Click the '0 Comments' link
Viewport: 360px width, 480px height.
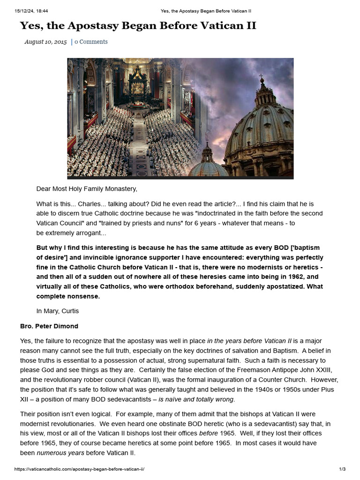tap(91, 42)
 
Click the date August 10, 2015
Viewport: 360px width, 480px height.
tap(45, 42)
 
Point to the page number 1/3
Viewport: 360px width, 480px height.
tap(342, 469)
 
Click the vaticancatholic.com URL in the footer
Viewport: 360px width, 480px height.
tap(82, 469)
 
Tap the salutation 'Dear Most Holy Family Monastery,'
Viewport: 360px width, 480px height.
tap(87, 189)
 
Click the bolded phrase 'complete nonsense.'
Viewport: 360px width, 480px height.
tap(68, 296)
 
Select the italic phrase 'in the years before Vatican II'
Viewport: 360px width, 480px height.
tap(252, 340)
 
